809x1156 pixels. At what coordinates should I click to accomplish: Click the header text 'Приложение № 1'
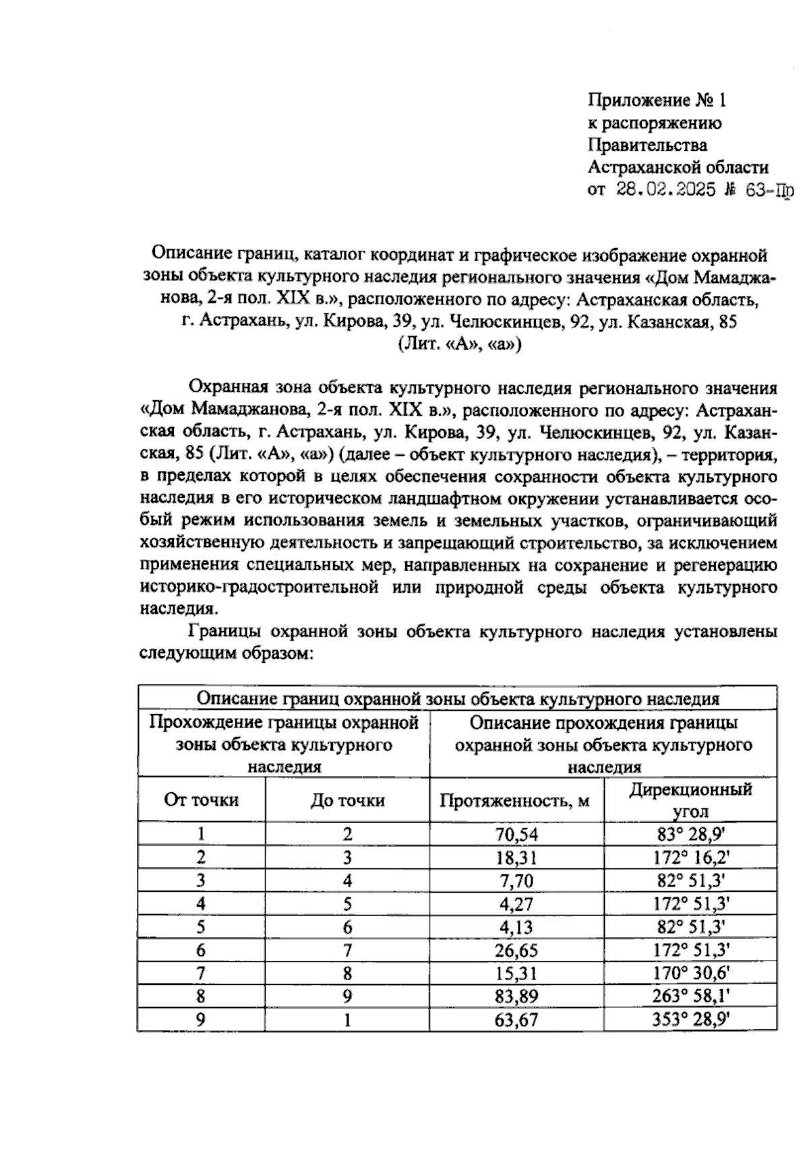click(657, 101)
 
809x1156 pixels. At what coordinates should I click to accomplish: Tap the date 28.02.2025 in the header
click(665, 189)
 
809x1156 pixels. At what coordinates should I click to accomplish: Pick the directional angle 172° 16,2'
click(690, 858)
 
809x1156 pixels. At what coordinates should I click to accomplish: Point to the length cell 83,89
click(517, 996)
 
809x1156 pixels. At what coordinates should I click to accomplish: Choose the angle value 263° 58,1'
click(690, 996)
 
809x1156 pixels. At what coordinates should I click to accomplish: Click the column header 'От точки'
click(201, 800)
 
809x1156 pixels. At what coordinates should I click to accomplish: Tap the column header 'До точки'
click(347, 800)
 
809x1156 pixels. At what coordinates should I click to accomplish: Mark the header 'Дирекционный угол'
click(690, 800)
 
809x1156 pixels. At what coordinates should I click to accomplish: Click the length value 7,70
click(517, 881)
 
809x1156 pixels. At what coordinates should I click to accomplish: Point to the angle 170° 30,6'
click(690, 973)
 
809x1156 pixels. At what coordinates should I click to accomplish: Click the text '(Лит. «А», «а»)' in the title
click(459, 344)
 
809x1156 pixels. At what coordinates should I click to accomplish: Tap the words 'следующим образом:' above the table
click(226, 653)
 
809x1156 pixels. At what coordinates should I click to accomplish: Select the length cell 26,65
click(517, 951)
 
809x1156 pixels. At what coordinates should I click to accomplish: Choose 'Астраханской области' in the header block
click(678, 167)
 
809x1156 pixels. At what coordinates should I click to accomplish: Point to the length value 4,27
click(517, 904)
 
